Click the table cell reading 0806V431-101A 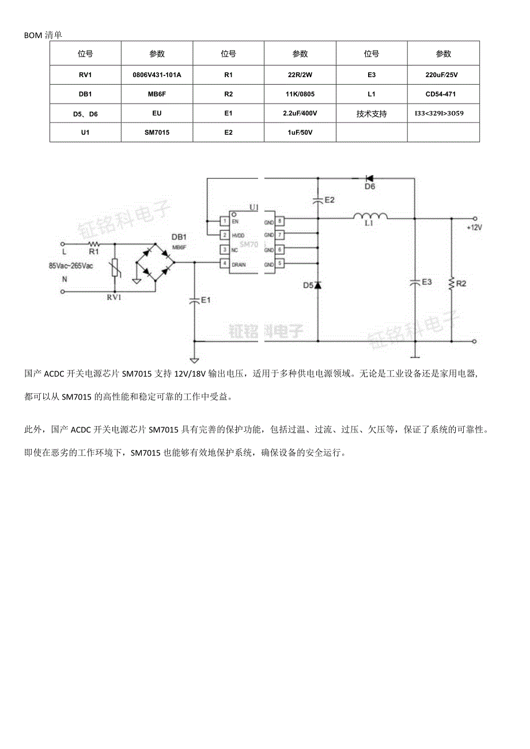(x=157, y=75)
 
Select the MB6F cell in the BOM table (x=157, y=94)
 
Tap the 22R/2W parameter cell (x=300, y=75)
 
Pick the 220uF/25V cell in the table (x=443, y=75)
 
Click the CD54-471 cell (x=443, y=94)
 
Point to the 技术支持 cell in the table (x=372, y=113)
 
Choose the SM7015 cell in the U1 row (x=157, y=132)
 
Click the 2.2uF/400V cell (x=300, y=113)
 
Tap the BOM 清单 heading (x=43, y=35)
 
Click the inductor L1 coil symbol (x=370, y=216)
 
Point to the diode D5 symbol (x=317, y=285)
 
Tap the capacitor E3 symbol (x=414, y=283)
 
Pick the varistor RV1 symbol (x=115, y=268)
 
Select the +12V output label (x=474, y=227)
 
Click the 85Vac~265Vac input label (x=71, y=265)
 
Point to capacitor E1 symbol (x=194, y=301)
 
